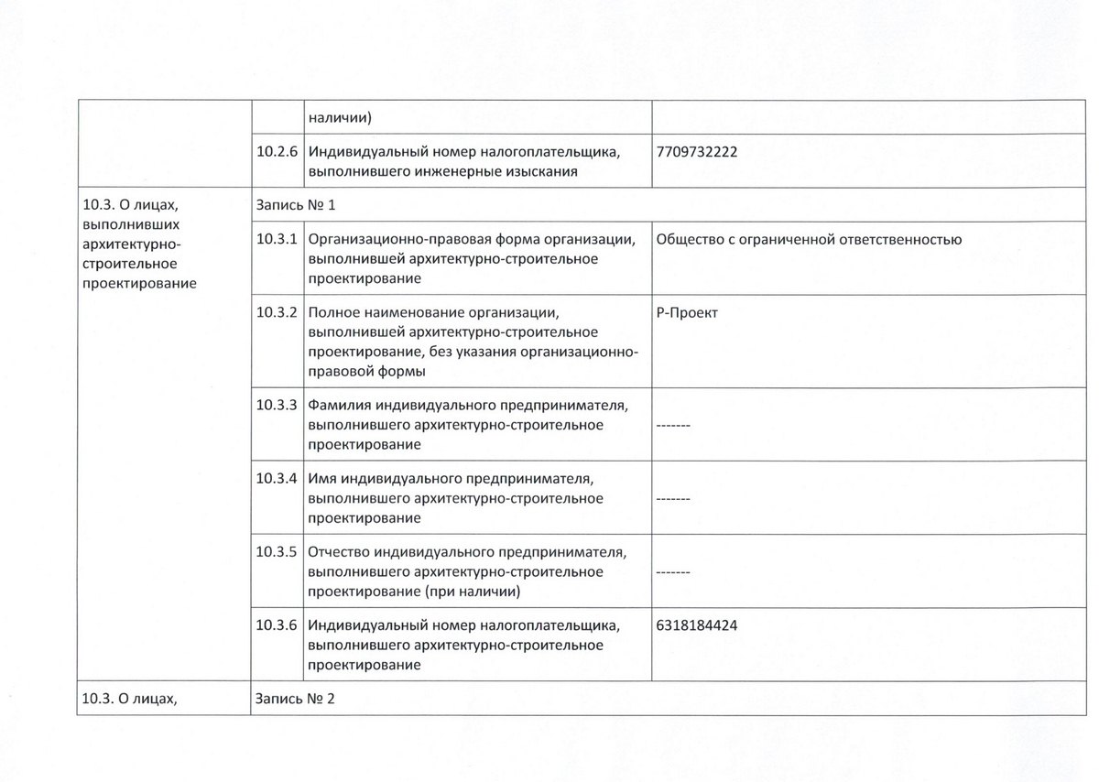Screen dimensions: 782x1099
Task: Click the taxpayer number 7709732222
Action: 697,153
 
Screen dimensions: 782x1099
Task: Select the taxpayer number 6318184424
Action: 697,626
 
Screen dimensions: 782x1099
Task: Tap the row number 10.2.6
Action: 277,153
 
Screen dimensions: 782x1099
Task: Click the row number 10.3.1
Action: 277,240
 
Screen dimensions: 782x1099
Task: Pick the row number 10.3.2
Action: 277,313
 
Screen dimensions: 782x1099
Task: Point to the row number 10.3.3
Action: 277,405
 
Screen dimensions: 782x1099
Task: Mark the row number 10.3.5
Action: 277,552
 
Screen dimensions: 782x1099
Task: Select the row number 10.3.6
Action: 277,626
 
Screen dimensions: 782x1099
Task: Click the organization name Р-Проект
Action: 688,313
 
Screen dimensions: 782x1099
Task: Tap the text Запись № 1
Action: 296,204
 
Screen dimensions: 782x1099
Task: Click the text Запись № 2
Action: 296,699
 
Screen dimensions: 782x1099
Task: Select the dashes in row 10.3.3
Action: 673,426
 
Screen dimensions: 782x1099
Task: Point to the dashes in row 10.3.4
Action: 673,499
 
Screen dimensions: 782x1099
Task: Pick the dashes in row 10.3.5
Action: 673,572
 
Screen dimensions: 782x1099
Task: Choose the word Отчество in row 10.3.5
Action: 341,552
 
